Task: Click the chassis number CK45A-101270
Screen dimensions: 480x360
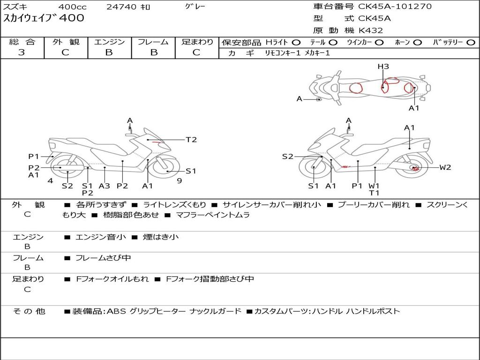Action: pos(395,7)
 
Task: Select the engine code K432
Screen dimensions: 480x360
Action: pos(371,30)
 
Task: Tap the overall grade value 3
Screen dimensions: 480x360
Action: pos(22,52)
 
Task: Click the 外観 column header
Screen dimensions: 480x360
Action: pos(66,42)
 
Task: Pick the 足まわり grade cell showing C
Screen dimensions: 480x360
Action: pos(196,52)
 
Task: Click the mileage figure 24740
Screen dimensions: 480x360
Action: pos(121,7)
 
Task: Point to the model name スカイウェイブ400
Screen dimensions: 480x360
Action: pos(44,19)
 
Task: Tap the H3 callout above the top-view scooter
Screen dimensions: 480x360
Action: pos(383,67)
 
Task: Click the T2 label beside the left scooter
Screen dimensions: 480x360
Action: pos(191,140)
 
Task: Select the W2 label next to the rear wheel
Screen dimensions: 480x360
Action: pos(445,167)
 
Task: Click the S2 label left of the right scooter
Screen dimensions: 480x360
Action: pos(287,157)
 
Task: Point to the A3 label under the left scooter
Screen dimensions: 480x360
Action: pos(104,186)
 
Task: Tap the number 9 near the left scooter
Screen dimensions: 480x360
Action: pos(179,180)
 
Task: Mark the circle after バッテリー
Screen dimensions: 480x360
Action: pos(471,42)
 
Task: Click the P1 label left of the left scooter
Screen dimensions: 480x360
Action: pos(33,157)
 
